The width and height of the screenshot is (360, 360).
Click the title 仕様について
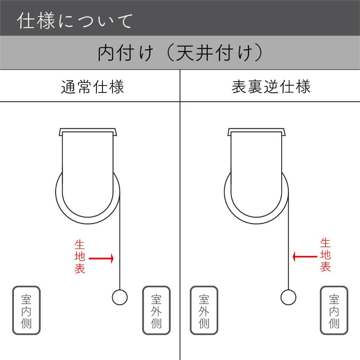click(x=75, y=21)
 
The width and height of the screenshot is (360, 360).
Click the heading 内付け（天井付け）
click(x=180, y=52)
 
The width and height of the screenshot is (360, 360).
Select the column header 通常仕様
click(x=92, y=87)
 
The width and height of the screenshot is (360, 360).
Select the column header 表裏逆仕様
click(x=271, y=87)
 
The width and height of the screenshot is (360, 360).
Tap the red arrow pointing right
click(x=101, y=258)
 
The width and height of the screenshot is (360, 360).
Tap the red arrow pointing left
click(x=305, y=256)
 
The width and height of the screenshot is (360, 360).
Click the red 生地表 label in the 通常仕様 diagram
click(x=79, y=256)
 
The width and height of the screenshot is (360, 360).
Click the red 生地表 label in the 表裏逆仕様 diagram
click(x=325, y=255)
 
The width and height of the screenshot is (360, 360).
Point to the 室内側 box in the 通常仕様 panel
click(x=26, y=310)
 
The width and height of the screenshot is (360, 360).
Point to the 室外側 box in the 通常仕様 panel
click(x=156, y=310)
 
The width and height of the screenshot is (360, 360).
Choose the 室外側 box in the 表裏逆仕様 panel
click(x=204, y=310)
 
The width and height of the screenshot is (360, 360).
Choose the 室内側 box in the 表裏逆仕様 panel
click(x=334, y=310)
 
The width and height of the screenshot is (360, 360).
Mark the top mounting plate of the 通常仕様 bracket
click(x=88, y=130)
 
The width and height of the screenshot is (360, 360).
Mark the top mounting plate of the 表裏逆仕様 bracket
click(x=256, y=130)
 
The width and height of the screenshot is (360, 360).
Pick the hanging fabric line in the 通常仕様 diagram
click(x=120, y=241)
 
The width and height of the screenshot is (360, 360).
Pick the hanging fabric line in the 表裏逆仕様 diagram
click(x=289, y=241)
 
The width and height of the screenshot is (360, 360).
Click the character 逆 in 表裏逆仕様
click(x=271, y=87)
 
